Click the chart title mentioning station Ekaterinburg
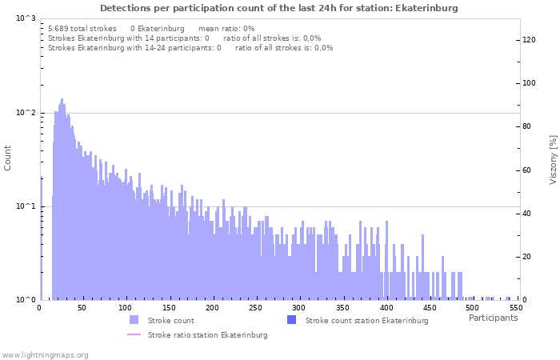coord(279,8)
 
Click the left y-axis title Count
coord(8,158)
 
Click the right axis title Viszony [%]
coord(553,159)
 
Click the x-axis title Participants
coord(493,318)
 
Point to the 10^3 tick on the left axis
coord(26,18)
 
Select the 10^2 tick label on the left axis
coord(26,113)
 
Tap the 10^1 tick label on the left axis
coord(26,206)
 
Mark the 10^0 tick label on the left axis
coord(26,300)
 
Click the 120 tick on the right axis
coord(529,39)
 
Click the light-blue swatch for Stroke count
coord(134,320)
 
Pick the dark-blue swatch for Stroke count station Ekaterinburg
coord(291,320)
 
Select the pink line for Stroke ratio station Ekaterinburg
coord(134,334)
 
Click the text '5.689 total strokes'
coord(82,28)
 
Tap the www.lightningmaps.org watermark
coord(45,354)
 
